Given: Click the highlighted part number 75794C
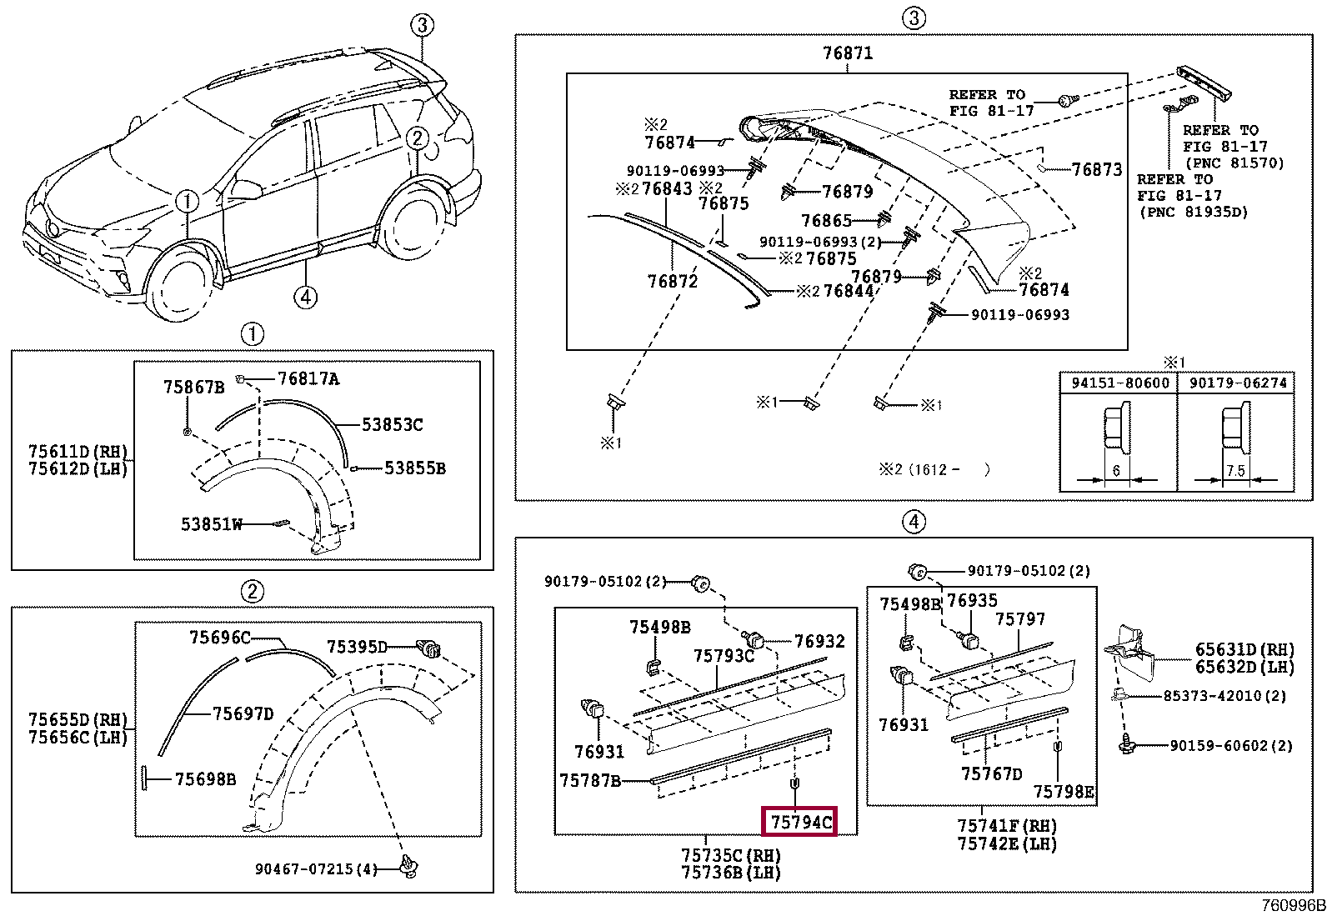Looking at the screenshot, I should tap(800, 823).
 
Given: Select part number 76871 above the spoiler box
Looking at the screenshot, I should tap(848, 53).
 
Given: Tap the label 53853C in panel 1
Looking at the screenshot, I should tap(392, 425).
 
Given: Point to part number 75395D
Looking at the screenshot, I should tap(357, 647).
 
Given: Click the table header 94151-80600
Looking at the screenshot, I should tap(1119, 383).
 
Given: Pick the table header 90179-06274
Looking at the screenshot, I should tap(1238, 383).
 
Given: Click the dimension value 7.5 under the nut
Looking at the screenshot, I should tap(1235, 471).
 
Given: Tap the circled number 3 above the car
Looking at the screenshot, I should tap(422, 25).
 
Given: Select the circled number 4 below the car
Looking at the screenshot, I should tap(305, 297).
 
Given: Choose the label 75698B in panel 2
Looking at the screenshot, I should tap(205, 779).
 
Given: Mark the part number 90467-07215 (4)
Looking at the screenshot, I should tap(316, 869).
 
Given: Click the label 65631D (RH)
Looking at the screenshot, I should tap(1244, 649).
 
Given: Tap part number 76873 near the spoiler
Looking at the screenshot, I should tap(1097, 170).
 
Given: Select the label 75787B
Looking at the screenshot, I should tap(590, 781).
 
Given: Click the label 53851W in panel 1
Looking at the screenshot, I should tap(212, 524).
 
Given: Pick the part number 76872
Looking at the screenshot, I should tap(672, 282).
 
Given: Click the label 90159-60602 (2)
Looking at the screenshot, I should tap(1230, 746).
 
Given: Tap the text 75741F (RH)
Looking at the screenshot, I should tap(1007, 826).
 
